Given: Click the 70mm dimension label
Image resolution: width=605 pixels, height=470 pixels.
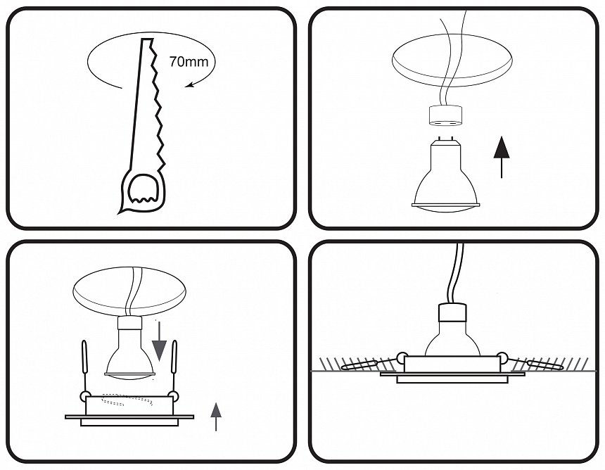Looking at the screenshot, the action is (189, 62).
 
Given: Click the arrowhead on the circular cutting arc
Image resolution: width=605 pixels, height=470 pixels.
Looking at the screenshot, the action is (189, 84).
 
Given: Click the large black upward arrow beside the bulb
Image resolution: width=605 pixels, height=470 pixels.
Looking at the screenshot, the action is (502, 157).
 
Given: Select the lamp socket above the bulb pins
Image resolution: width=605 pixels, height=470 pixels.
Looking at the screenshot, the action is (445, 116).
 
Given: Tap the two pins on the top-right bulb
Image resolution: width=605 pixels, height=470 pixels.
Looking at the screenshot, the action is (445, 137).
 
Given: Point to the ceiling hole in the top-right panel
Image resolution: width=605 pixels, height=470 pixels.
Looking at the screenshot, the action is (452, 61).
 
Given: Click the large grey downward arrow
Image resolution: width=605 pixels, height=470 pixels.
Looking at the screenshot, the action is (159, 341).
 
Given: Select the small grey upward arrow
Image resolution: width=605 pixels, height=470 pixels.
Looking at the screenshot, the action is (216, 417).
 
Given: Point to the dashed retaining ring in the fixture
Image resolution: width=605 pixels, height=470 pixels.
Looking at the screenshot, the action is (127, 400).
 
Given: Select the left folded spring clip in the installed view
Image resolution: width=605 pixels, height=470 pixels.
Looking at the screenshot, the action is (359, 364).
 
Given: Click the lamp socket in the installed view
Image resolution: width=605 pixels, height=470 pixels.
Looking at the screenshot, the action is (452, 313).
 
